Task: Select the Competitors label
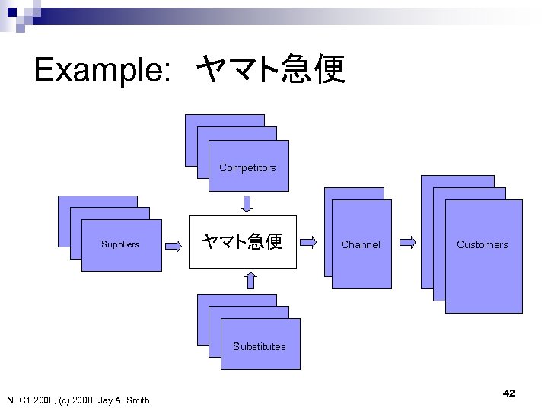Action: point(247,167)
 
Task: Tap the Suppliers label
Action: point(120,244)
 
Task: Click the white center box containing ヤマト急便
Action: point(241,242)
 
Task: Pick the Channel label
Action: point(361,244)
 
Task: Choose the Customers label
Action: point(482,244)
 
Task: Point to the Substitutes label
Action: point(260,346)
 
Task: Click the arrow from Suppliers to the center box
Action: point(174,244)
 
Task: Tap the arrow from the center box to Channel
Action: point(309,243)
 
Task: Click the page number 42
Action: point(509,393)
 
